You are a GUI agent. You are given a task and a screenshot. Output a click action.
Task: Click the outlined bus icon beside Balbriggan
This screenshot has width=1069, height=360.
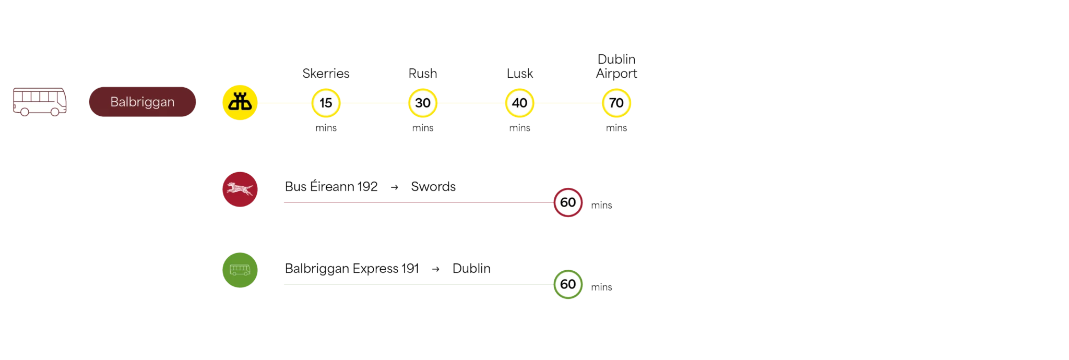(40, 102)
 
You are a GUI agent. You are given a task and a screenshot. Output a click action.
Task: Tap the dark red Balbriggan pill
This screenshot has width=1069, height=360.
(142, 102)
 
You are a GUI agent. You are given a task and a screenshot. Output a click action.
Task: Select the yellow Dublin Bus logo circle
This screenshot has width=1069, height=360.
(240, 102)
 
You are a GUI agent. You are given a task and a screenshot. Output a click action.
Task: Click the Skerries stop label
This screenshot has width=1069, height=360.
(326, 74)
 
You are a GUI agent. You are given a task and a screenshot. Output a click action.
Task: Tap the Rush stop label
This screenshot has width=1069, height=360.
(423, 74)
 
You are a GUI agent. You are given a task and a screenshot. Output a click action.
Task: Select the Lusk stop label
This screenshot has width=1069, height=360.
(520, 74)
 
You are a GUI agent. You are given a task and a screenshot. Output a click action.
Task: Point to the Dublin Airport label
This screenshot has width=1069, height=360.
(616, 66)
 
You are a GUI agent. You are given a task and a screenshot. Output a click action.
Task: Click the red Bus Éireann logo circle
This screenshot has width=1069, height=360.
(240, 189)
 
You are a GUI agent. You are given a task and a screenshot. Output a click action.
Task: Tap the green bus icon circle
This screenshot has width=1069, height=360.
(240, 270)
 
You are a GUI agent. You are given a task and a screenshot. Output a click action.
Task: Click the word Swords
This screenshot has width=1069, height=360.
(433, 187)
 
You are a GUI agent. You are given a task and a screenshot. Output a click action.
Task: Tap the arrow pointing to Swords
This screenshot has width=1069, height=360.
(395, 187)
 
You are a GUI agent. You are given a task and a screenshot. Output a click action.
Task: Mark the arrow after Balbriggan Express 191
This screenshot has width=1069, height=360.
(436, 269)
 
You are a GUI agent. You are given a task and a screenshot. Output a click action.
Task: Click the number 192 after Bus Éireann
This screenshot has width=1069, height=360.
(367, 187)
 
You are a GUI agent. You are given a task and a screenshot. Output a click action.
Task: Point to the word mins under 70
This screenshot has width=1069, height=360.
(616, 128)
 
